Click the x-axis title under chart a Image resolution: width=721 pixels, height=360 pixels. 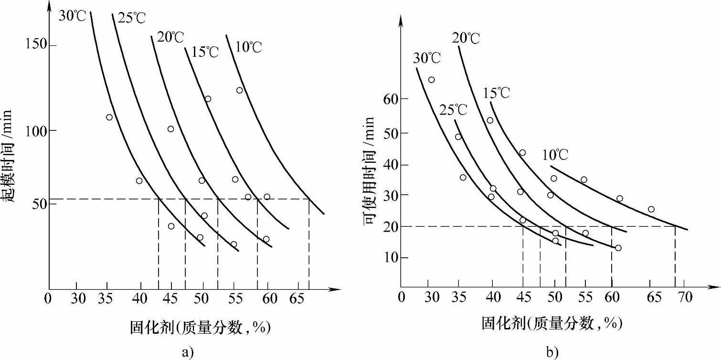200,328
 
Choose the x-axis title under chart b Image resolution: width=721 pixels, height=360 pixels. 552,324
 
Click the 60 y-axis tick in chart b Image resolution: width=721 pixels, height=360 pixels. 390,99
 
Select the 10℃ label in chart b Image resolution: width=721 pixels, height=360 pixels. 555,155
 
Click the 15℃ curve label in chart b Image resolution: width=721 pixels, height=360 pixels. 496,93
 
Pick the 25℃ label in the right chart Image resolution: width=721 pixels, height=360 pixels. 453,109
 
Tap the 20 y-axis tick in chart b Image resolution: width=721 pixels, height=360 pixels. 390,227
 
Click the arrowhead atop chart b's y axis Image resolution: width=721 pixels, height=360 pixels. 401,20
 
